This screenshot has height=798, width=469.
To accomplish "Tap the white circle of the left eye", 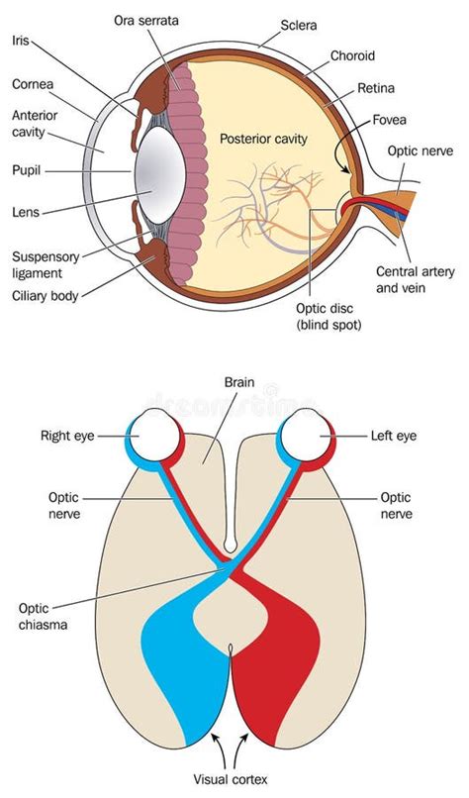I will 305,435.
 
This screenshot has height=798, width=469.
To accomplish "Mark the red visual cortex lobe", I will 282,653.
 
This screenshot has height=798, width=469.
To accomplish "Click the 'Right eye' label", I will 67,434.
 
